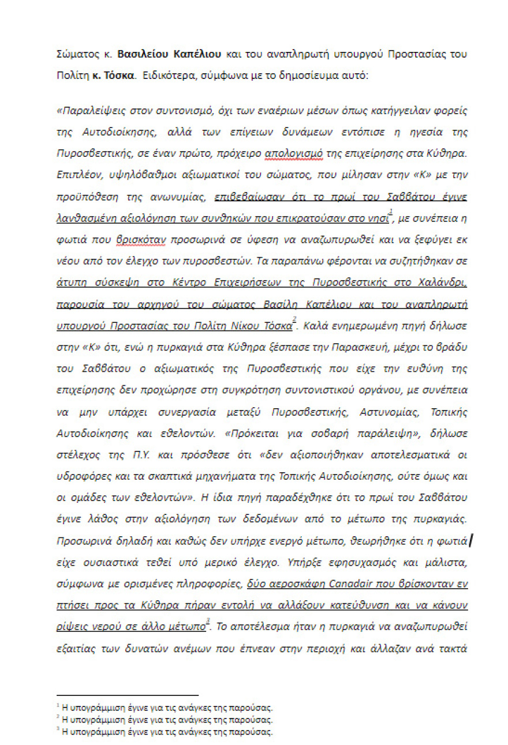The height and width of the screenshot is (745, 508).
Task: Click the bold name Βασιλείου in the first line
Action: pyautogui.click(x=145, y=54)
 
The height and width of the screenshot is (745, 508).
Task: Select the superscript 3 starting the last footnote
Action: pyautogui.click(x=58, y=730)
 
